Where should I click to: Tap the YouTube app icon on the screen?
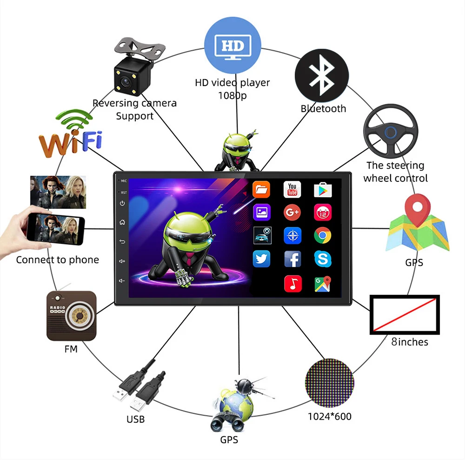tap(292, 189)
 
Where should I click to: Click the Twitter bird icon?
tap(261, 259)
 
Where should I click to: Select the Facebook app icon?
tap(292, 259)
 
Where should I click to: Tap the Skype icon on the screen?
tap(322, 259)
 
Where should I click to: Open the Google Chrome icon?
tap(322, 236)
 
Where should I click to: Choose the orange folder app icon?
tap(261, 189)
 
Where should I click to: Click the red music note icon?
tap(292, 283)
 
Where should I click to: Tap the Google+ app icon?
tap(292, 213)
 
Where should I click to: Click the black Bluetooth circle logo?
tap(322, 76)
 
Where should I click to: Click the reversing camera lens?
tap(125, 83)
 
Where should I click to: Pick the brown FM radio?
tap(72, 316)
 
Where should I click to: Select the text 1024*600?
tap(330, 416)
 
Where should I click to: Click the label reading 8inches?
tap(409, 342)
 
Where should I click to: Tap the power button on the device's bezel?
tap(122, 203)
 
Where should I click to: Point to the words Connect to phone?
tap(58, 260)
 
